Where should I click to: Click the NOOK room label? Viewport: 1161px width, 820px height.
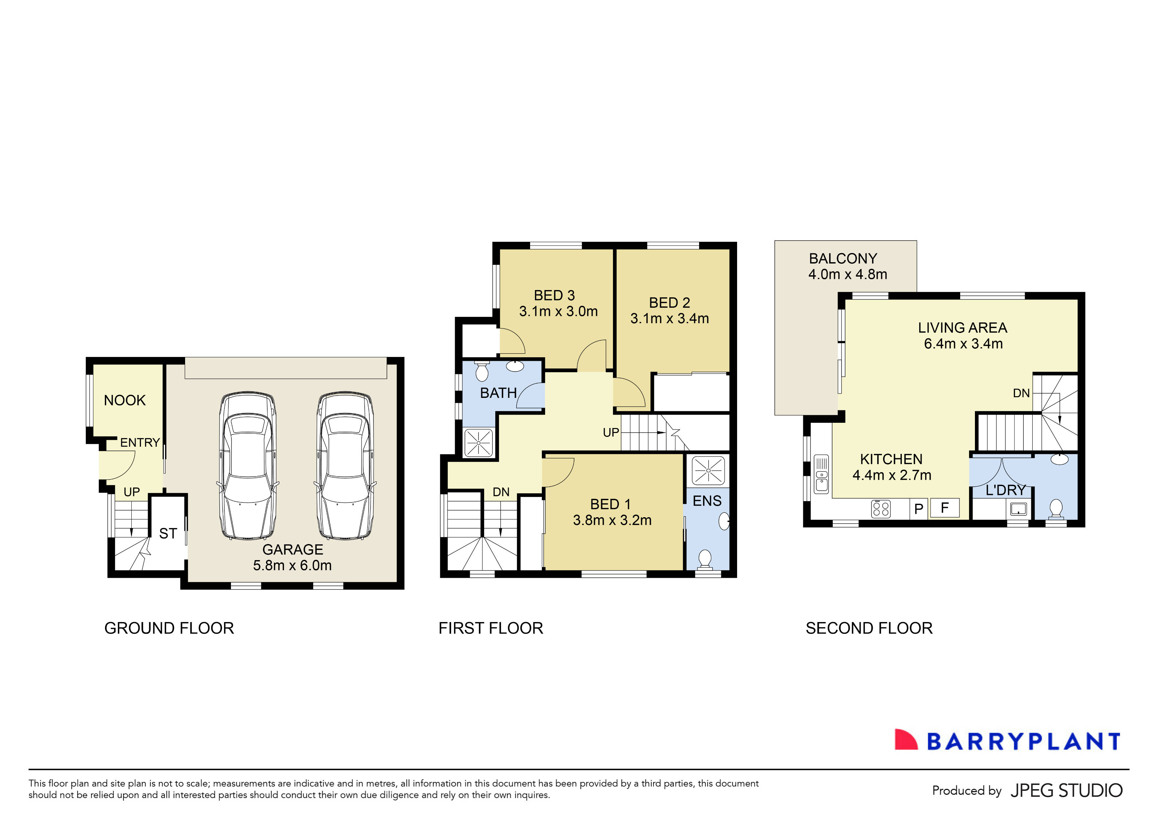pos(124,400)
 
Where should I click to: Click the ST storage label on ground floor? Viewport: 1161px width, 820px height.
pos(168,534)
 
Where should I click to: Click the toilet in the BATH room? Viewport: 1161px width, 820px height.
pos(482,372)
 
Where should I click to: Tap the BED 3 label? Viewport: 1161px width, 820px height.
pos(554,295)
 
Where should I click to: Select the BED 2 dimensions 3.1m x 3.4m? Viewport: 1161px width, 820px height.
pos(670,319)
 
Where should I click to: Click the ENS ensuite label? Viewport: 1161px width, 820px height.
pos(707,501)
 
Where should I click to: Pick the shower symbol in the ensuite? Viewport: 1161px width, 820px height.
pos(708,470)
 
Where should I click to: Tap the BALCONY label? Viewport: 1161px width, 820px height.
pos(843,259)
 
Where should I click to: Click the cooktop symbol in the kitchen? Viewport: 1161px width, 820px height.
pos(881,508)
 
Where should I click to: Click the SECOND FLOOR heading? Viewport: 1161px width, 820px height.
pos(869,628)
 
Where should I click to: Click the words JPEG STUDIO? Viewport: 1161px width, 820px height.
pos(1066,791)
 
